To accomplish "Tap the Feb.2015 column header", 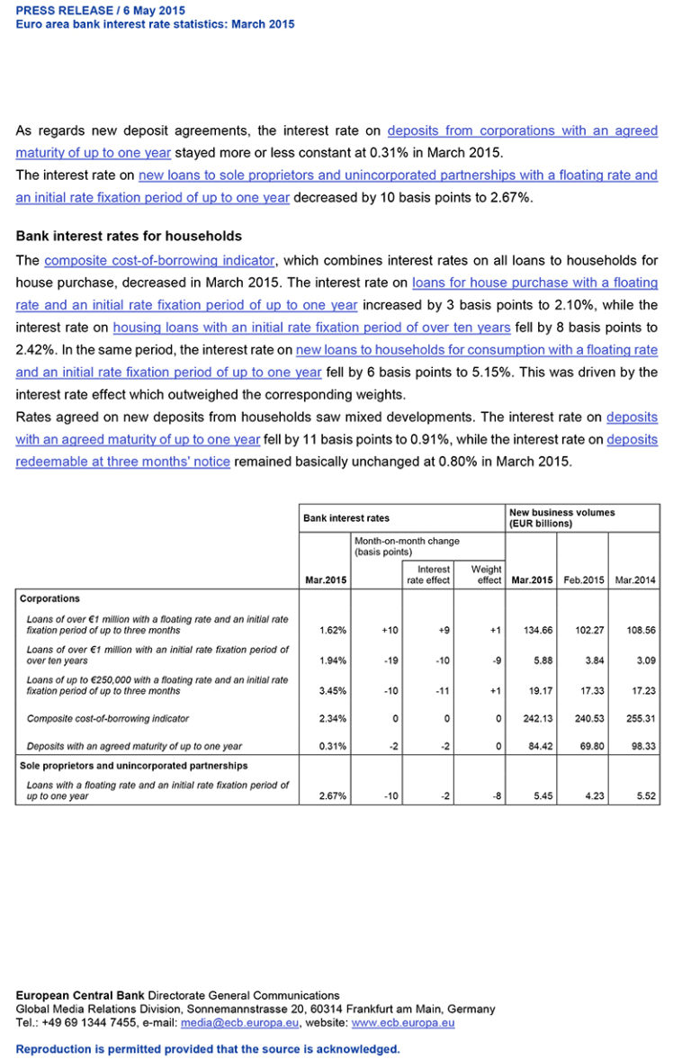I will [582, 580].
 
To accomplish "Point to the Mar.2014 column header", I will [634, 580].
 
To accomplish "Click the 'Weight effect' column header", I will [486, 575].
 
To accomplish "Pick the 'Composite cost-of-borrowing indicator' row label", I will [107, 719].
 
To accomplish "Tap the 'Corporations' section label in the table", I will [49, 598].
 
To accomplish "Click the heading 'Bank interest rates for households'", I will [129, 237].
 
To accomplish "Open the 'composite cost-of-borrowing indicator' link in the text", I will [159, 261].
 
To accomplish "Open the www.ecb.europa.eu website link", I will [402, 1023].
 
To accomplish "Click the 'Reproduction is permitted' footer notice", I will [208, 1049].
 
